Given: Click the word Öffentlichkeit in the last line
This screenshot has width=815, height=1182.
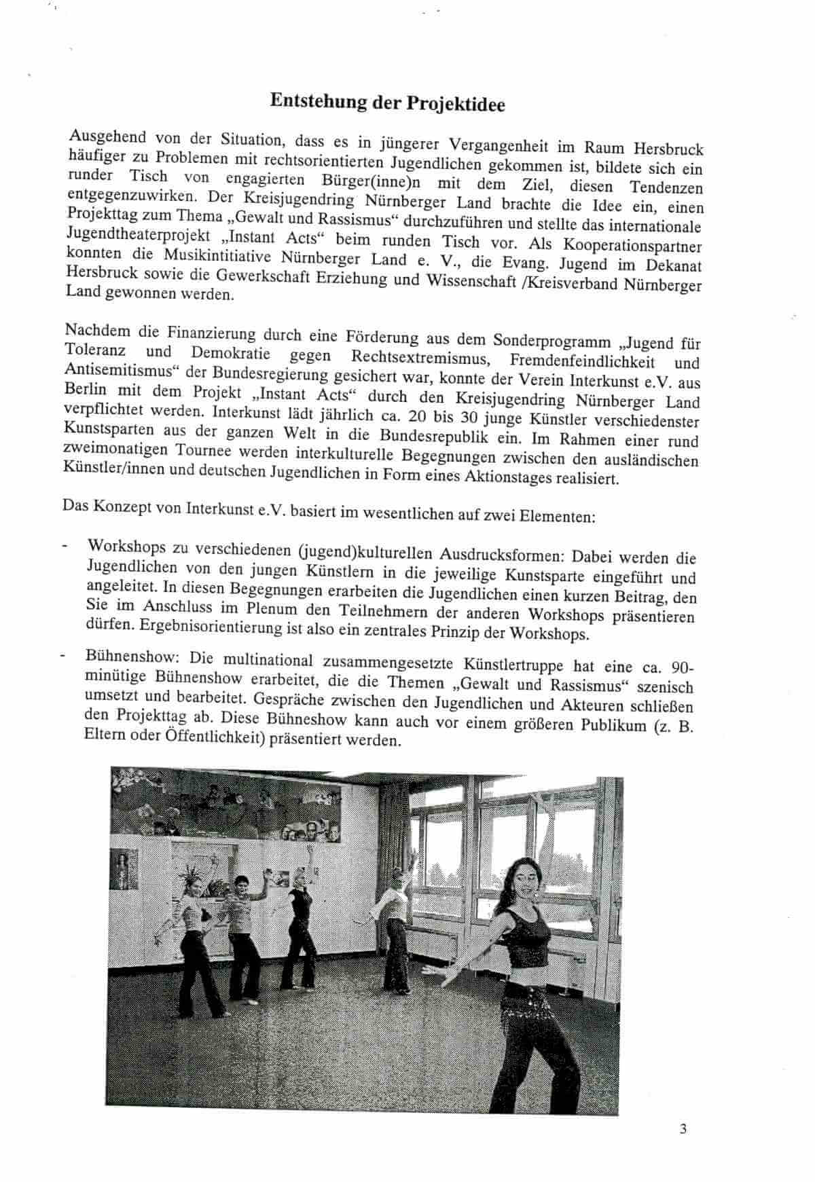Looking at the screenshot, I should pos(213,739).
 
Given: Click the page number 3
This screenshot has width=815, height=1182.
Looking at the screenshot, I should pos(683,1129).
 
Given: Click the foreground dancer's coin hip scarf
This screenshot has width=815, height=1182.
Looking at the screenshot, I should pos(526,1005).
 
